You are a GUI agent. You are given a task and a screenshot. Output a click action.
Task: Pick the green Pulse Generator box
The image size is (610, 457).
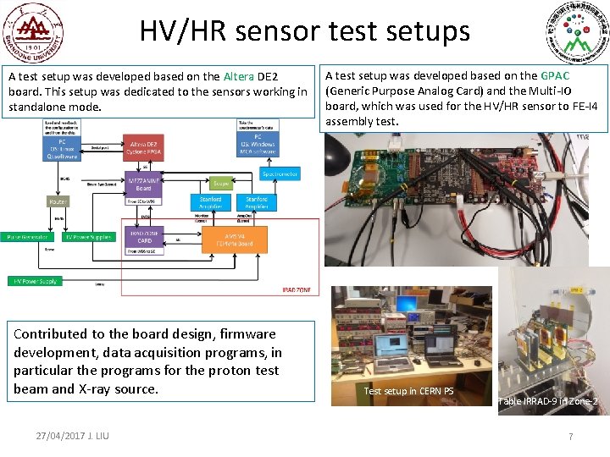click(x=27, y=238)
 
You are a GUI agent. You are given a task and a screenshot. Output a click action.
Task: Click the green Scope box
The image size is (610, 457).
click(x=221, y=182)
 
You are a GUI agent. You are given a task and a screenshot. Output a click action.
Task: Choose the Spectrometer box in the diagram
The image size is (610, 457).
click(x=279, y=173)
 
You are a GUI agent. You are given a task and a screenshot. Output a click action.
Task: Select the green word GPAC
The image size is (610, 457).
click(x=555, y=76)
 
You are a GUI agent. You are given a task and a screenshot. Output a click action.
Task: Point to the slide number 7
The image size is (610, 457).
click(x=570, y=436)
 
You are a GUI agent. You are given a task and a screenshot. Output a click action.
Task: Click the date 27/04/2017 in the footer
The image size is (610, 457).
click(x=63, y=435)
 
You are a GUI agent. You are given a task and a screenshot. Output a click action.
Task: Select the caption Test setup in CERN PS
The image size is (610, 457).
click(x=408, y=391)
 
